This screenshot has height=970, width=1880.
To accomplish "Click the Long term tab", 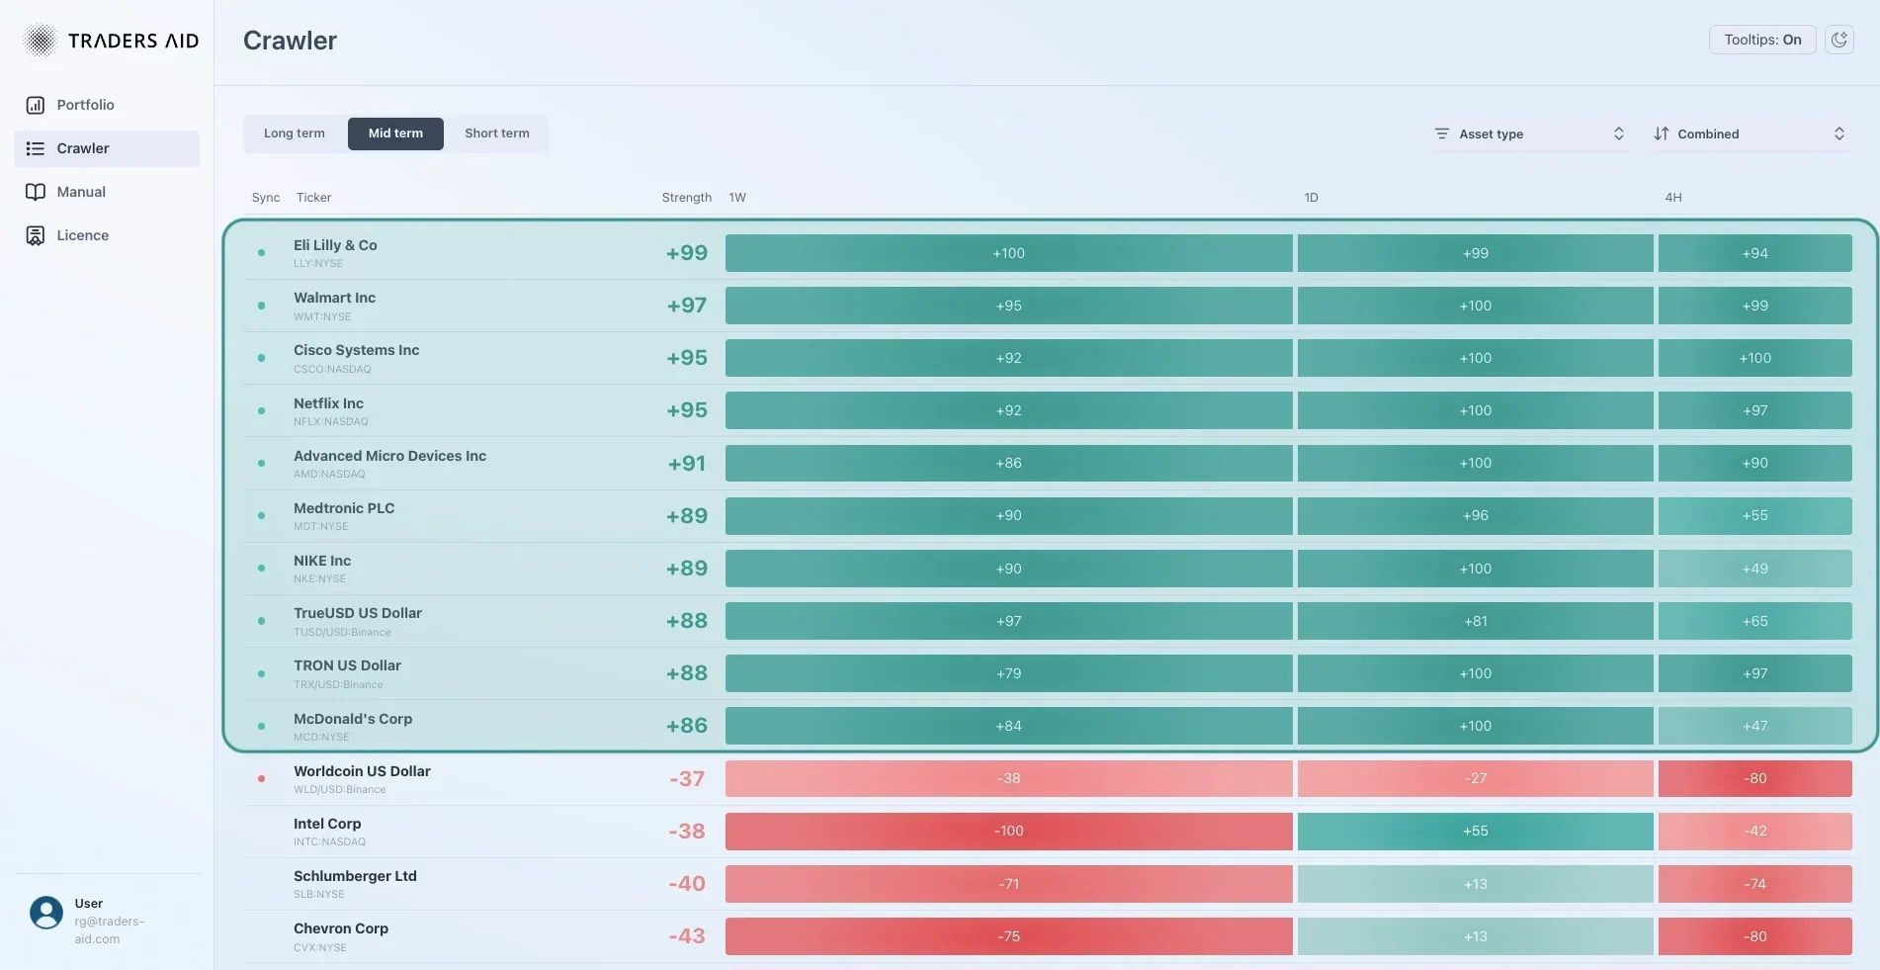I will [x=294, y=133].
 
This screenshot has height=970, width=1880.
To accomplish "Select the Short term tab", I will [x=496, y=133].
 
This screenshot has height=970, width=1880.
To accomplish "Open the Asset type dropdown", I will [x=1528, y=133].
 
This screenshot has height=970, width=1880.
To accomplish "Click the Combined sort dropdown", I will [x=1749, y=133].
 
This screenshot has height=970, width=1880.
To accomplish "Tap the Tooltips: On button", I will [x=1761, y=40].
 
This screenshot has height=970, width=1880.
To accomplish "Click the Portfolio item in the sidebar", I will [x=85, y=105].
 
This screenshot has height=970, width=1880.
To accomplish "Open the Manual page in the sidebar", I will [x=81, y=192].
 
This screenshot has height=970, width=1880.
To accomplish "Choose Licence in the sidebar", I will [x=82, y=235].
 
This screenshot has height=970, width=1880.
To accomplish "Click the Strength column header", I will [x=686, y=198].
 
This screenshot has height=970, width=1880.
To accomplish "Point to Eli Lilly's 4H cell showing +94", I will [x=1754, y=253].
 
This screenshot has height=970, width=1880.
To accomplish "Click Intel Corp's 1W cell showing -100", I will [x=1008, y=831].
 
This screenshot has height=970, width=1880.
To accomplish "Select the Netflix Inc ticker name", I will [x=328, y=403].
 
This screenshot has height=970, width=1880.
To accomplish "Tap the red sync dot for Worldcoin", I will [x=261, y=778].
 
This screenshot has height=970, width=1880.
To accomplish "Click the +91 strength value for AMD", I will [x=687, y=463].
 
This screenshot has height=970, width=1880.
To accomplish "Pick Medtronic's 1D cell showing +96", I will [x=1475, y=515].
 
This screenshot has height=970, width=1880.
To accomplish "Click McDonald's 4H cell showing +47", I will [x=1754, y=726].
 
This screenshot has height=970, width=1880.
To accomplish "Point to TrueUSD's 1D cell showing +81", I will [x=1475, y=621].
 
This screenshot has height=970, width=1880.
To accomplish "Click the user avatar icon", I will [x=46, y=912].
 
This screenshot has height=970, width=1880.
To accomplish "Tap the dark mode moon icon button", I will [x=1838, y=40].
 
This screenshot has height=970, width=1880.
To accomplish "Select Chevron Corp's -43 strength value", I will [x=687, y=936].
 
